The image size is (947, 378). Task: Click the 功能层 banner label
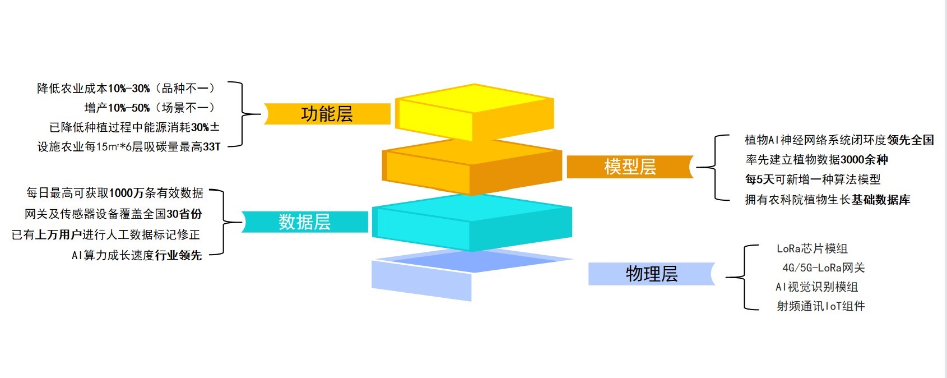pos(327,114)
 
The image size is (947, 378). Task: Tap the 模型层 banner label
pos(630,167)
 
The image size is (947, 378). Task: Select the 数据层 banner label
pos(304,222)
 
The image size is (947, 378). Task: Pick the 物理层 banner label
pos(652,274)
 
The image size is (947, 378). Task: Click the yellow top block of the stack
pos(475,112)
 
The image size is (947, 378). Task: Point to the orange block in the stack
pos(472,167)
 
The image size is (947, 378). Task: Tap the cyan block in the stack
pos(472,222)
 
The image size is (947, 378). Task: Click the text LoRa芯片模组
pos(812,248)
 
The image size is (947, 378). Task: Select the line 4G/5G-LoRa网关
pos(824,268)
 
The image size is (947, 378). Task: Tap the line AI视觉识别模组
pos(817,287)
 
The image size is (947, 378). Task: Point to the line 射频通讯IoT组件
pos(821,306)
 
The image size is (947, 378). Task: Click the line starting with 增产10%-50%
pos(150,108)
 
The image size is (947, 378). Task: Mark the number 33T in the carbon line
pos(212,147)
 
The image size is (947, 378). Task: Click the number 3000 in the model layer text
pos(852,160)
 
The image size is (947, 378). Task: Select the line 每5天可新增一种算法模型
pos(813,179)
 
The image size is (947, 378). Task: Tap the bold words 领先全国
pos(911,140)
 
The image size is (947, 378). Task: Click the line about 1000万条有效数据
pos(115,193)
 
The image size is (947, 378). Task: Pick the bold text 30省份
pos(184,214)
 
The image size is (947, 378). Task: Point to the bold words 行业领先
pos(178,255)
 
